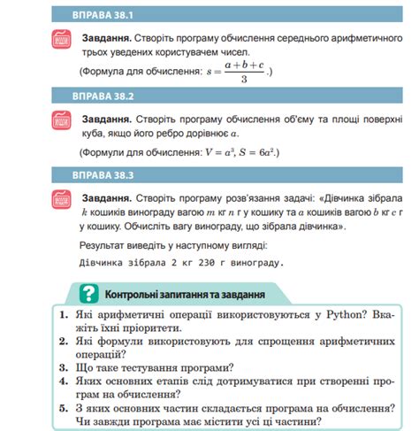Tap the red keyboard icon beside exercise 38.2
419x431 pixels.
coord(61,121)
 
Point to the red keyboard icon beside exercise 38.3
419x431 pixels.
coord(61,201)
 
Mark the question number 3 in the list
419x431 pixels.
coord(63,367)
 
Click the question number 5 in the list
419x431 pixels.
coord(63,408)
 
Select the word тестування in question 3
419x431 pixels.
coord(141,367)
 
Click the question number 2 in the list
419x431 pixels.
coord(63,341)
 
